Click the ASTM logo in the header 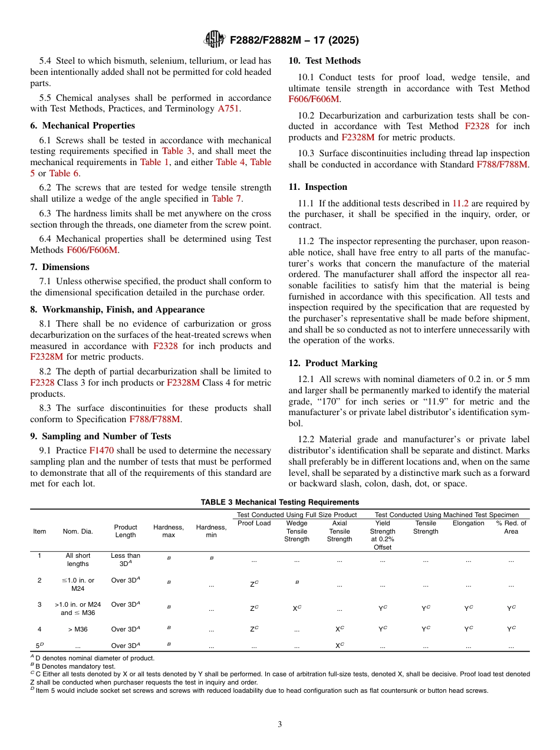click(214, 40)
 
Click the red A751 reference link click(228, 108)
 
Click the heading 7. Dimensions click(60, 267)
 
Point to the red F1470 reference click(101, 448)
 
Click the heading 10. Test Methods click(324, 61)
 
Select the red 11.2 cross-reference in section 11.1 click(460, 203)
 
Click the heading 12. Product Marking click(332, 363)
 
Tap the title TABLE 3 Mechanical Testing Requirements click(279, 502)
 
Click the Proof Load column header click(254, 523)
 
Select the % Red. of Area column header click(510, 527)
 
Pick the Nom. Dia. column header click(78, 531)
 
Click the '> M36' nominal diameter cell click(78, 629)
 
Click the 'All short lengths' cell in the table click(78, 560)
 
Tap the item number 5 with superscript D click(39, 646)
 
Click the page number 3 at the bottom click(279, 724)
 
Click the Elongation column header click(468, 523)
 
